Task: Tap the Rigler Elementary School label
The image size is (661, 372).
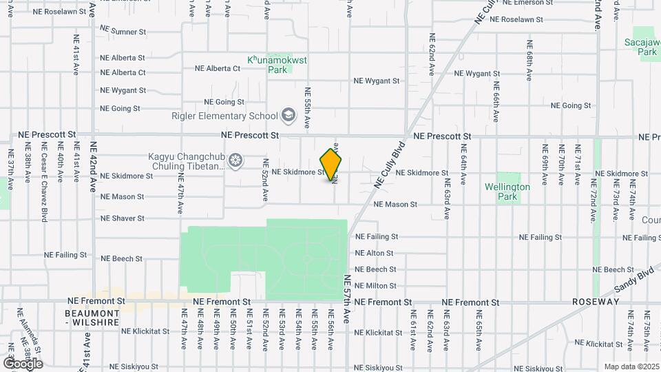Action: pyautogui.click(x=224, y=116)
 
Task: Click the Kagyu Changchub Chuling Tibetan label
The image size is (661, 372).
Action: pyautogui.click(x=187, y=161)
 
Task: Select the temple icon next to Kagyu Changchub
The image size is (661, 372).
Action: pyautogui.click(x=236, y=161)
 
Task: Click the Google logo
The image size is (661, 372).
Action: pyautogui.click(x=23, y=363)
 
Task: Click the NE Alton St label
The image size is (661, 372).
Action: pyautogui.click(x=374, y=253)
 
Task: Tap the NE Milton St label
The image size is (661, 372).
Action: pyautogui.click(x=375, y=286)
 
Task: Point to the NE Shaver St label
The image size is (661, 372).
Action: pyautogui.click(x=123, y=218)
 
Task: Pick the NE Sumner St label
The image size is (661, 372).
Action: pyautogui.click(x=123, y=31)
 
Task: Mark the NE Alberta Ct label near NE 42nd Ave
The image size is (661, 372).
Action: pyautogui.click(x=123, y=72)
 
